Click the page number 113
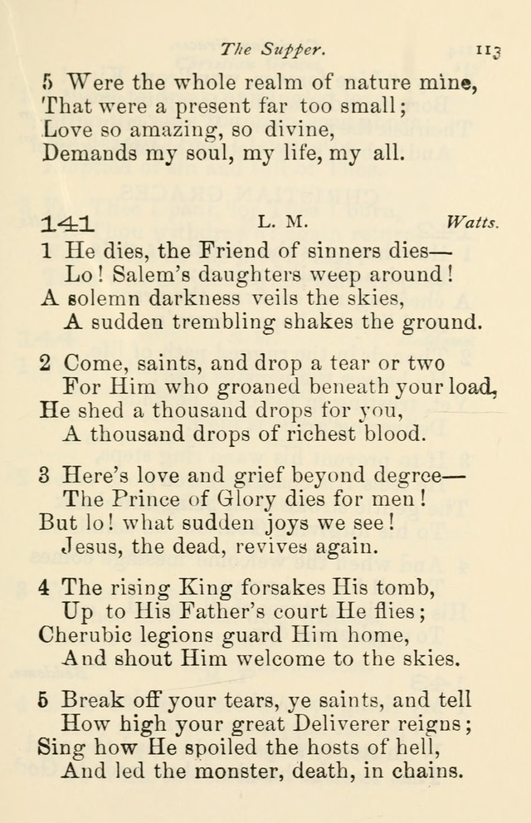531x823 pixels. pos(489,51)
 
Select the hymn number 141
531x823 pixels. pos(68,223)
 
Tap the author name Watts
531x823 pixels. pos(472,223)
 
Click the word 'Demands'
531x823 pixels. pos(89,153)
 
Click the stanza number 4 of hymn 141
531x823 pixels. pos(45,588)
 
